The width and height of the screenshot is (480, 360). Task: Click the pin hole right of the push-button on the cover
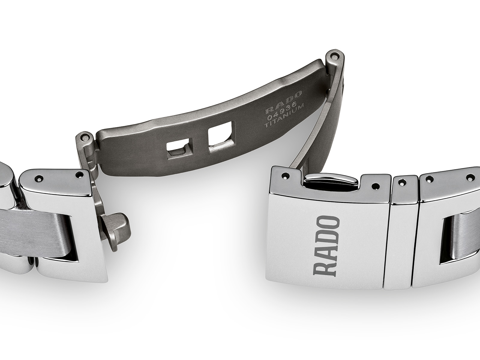[374, 185]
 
